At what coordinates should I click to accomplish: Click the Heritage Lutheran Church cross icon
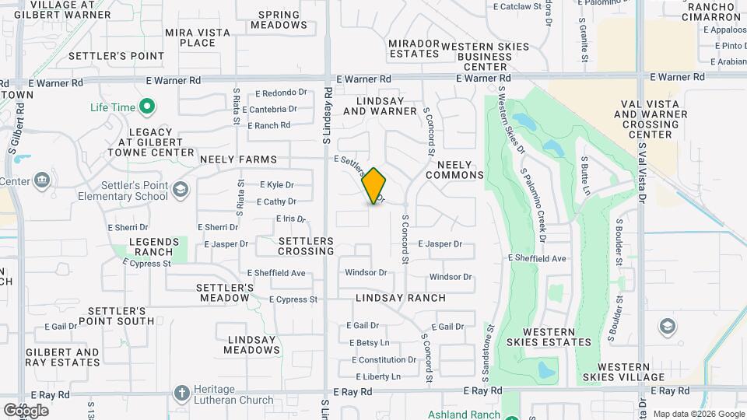[181, 393]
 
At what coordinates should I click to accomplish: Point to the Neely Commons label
[454, 170]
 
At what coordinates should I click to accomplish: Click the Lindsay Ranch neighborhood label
[401, 298]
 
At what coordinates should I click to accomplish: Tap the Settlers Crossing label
[306, 247]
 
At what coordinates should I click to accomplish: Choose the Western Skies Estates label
[549, 336]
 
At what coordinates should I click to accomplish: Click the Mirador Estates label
[414, 48]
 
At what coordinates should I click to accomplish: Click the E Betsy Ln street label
[369, 343]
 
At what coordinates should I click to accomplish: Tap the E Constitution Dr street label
[384, 360]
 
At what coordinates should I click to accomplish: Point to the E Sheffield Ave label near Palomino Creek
[537, 258]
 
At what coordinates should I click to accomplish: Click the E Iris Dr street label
[291, 219]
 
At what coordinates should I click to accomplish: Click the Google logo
[26, 410]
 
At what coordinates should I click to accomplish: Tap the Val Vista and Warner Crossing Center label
[654, 119]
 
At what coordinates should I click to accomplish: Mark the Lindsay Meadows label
[251, 345]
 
